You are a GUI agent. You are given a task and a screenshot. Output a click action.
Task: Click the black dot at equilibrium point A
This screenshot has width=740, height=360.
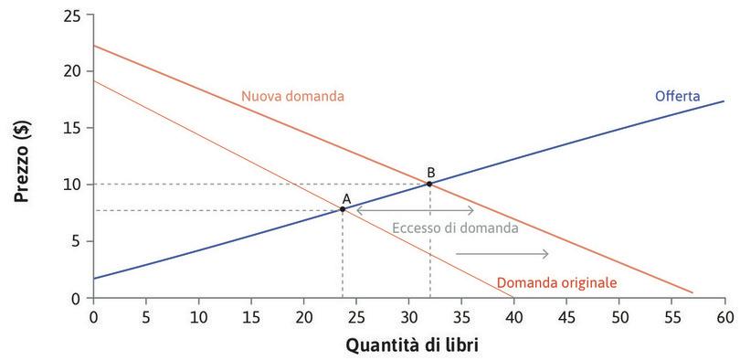tap(343, 209)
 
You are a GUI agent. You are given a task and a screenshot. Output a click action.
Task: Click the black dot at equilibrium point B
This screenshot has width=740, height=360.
tap(429, 184)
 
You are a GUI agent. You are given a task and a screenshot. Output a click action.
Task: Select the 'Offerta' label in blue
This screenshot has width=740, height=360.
tap(677, 95)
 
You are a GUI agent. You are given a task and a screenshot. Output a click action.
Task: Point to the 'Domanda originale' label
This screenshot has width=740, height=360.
tap(557, 283)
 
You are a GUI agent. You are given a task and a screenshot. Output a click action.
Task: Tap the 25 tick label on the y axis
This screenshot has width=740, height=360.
tap(72, 16)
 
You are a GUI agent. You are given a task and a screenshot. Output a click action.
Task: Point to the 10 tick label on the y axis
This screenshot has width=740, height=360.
tap(72, 185)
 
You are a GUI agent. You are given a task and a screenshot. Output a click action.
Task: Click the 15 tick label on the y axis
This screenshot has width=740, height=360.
tap(72, 128)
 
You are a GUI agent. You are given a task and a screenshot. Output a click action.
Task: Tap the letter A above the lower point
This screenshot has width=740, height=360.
tap(346, 197)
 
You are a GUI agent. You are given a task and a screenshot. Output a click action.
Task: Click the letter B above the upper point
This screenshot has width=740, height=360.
tap(430, 172)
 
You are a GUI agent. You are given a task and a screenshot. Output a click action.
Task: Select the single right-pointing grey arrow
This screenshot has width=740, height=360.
tap(502, 254)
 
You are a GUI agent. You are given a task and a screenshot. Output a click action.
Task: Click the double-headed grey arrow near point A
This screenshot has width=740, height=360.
tap(415, 210)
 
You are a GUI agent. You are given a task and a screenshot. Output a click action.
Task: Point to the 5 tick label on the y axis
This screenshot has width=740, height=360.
tap(77, 241)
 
